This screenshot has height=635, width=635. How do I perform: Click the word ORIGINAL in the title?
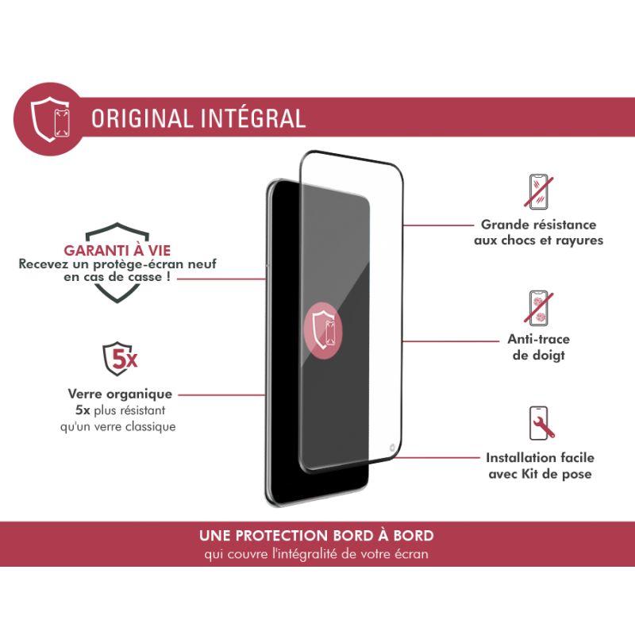coord(139,118)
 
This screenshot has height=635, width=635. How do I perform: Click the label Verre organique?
coord(119,394)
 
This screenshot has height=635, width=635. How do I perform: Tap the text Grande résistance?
coord(539,225)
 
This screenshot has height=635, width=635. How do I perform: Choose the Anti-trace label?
coord(538,340)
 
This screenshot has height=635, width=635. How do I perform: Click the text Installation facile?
coord(540,458)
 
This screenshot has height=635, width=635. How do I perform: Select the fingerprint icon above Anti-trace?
coord(541,308)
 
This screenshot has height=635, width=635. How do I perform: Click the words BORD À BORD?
coord(394,536)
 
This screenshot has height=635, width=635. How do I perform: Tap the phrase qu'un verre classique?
coord(121,426)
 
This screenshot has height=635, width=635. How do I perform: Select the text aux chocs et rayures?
coord(539,241)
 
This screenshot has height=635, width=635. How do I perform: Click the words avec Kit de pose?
coord(540,474)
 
